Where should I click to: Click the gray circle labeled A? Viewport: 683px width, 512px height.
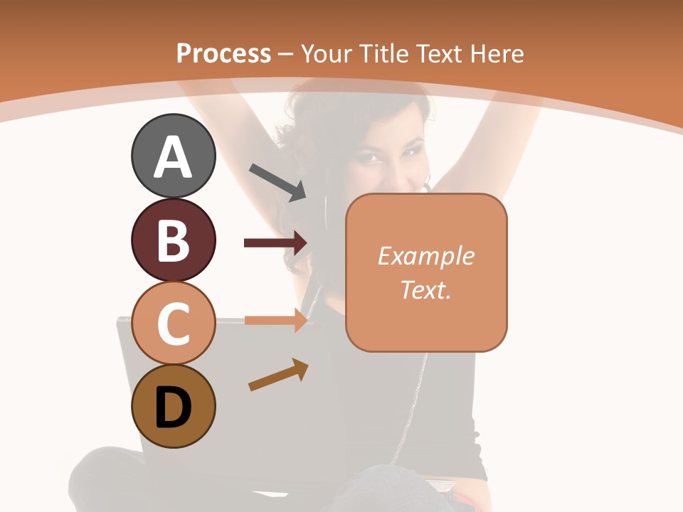[x=173, y=156]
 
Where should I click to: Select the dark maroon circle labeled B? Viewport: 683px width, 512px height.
[x=173, y=240]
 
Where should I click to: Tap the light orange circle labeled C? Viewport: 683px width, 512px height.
[x=173, y=324]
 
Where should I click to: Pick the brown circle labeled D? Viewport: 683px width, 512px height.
[x=173, y=407]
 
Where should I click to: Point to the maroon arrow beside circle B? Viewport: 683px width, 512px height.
[x=275, y=243]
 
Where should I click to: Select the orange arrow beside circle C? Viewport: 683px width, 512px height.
[x=275, y=320]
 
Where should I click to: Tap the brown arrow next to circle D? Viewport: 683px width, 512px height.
[x=278, y=375]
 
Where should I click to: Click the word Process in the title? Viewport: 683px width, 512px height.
[x=223, y=53]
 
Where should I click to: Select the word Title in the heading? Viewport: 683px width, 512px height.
[x=383, y=53]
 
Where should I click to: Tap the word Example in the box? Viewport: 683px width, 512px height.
[x=426, y=256]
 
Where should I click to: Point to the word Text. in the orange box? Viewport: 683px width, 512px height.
[x=426, y=289]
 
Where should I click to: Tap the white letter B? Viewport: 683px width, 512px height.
[x=173, y=240]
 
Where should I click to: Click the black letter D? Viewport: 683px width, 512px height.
[x=173, y=407]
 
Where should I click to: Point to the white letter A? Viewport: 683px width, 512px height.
[x=173, y=156]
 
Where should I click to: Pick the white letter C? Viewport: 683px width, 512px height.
[x=173, y=324]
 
